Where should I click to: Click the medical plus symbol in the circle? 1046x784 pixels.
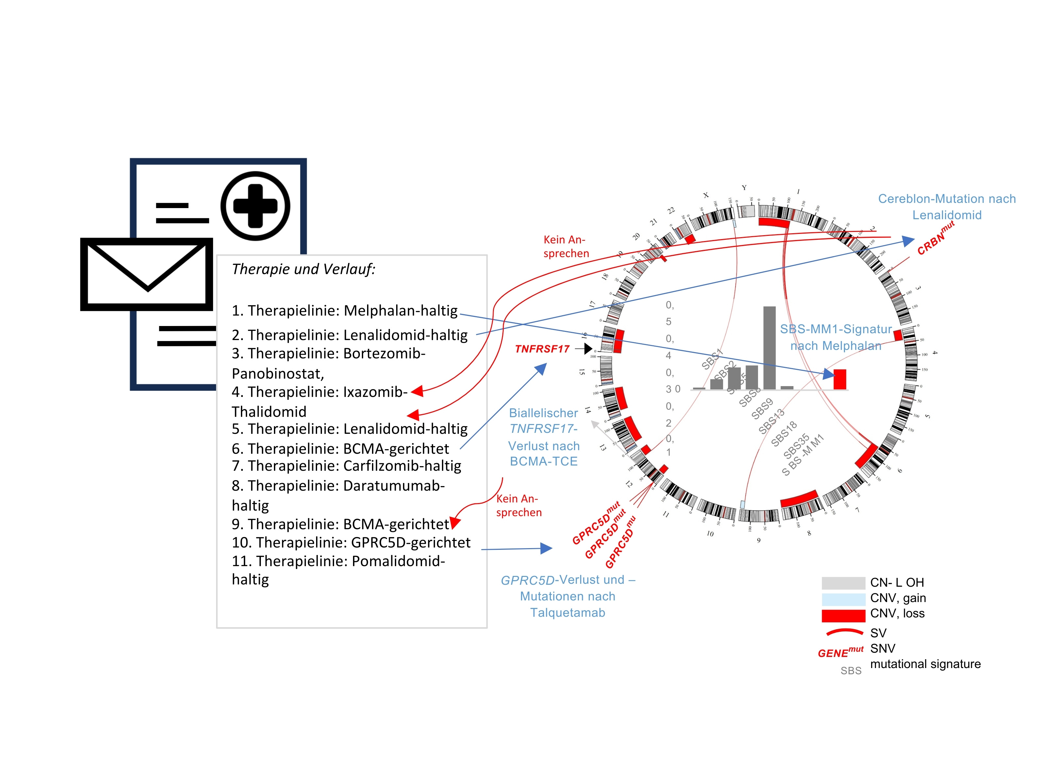pos(255,206)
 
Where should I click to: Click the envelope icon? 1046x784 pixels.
pos(146,274)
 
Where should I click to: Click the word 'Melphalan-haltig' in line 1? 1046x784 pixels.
pos(400,310)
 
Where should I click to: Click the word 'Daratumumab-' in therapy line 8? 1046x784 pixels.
pos(394,486)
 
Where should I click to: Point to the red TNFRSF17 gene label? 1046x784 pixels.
pos(542,349)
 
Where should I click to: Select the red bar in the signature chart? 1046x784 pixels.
pos(840,380)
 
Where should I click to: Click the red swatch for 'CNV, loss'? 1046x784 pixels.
pos(843,616)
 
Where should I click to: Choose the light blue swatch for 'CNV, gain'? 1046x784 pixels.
pos(843,599)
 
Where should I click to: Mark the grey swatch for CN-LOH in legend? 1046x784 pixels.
pos(843,583)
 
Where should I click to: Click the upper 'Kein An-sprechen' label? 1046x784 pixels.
pos(565,247)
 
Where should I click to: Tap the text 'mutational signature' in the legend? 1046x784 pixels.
pos(925,664)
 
